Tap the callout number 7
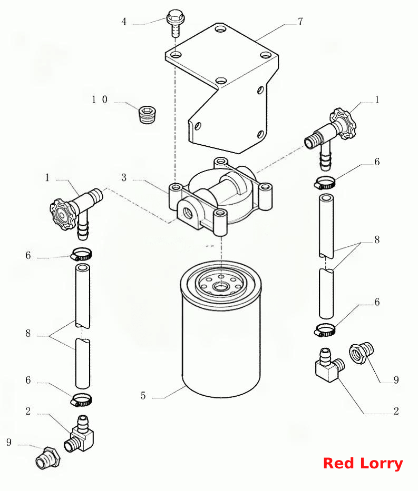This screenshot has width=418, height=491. point(300,21)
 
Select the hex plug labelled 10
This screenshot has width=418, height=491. point(148,115)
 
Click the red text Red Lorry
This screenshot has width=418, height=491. point(363,464)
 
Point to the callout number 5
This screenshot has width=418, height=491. point(143,396)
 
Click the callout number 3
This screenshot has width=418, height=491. point(124,177)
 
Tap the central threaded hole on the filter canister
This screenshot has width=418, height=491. point(221,286)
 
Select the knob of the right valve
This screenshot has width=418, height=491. point(344,124)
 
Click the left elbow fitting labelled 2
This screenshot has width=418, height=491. point(80,434)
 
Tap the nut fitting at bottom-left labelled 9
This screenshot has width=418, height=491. point(48,458)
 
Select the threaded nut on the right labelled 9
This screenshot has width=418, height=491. point(361,353)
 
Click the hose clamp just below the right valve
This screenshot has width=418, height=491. point(325,183)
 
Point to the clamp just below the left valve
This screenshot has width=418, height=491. point(81,254)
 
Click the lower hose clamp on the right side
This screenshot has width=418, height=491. point(325,330)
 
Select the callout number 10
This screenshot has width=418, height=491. point(100,99)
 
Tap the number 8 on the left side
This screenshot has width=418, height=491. point(28,333)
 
